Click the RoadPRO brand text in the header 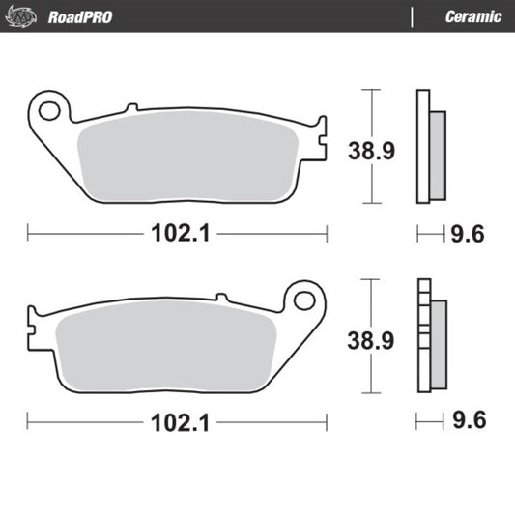(x=76, y=16)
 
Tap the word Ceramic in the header (x=472, y=16)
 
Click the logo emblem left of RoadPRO (x=25, y=16)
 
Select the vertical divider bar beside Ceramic (x=413, y=16)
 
